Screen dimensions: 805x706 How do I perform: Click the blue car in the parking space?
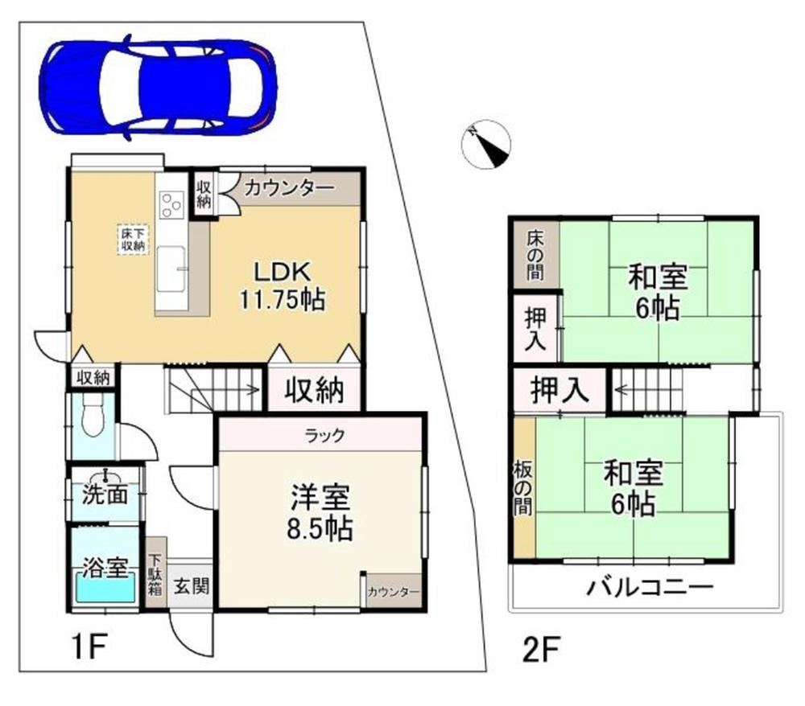click(x=158, y=87)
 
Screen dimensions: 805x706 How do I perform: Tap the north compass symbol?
click(x=485, y=145)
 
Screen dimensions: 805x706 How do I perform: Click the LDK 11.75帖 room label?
click(x=283, y=285)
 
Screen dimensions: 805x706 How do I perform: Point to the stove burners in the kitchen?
click(x=171, y=204)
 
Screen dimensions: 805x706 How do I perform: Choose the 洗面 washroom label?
click(x=105, y=495)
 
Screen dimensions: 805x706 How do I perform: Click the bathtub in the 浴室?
click(x=105, y=587)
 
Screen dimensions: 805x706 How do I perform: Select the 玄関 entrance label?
click(x=191, y=585)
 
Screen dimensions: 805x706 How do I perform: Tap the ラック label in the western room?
click(x=324, y=436)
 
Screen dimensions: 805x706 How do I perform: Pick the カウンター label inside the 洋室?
click(x=394, y=592)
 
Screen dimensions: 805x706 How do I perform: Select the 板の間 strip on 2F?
click(x=524, y=487)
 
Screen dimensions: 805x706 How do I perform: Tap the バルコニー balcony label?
click(x=650, y=587)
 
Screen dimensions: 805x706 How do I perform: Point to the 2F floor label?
click(x=541, y=649)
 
